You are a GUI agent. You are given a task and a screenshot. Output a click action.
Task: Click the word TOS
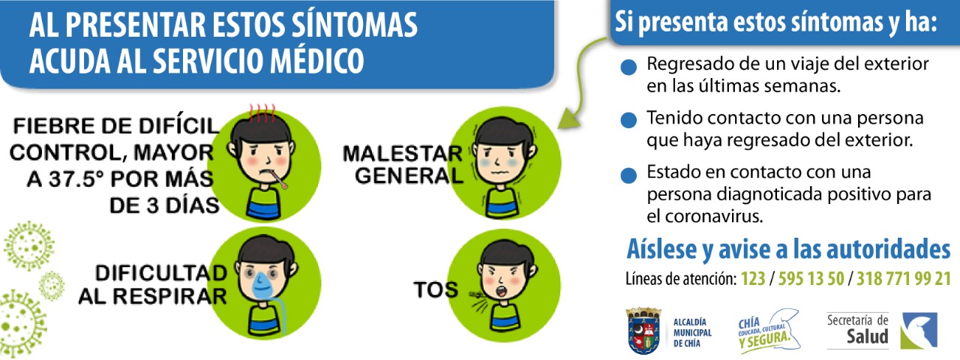coord(436,289)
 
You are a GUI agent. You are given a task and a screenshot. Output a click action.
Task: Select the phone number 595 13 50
coord(811,278)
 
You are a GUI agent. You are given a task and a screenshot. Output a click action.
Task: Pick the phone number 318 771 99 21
coord(904,278)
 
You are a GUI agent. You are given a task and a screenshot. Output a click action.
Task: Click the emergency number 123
coord(753,278)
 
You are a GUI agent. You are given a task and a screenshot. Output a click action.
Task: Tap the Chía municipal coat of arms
coord(643,331)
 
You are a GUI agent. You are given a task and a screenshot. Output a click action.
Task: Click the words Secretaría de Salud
coord(857,329)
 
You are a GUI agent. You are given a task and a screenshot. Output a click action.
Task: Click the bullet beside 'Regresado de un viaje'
coord(628,67)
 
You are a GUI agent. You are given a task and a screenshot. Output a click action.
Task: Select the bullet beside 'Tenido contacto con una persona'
coord(628,121)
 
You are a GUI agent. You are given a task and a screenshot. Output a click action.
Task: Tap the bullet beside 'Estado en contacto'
coord(628,175)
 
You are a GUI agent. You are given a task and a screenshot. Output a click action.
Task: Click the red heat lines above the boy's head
coord(262,113)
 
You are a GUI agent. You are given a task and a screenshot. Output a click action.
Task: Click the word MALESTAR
coord(403,154)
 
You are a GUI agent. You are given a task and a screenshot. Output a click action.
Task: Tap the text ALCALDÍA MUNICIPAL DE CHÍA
coord(692,333)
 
